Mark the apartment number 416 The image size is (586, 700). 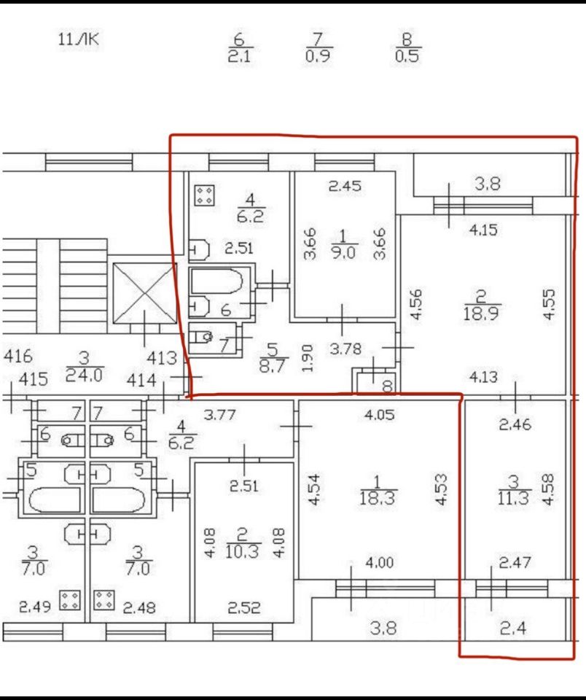pos(17,357)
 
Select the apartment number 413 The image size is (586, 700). pos(163,357)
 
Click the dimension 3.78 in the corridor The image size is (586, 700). pos(345,349)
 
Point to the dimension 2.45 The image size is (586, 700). pos(345,186)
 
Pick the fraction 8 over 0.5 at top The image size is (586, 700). pos(407,48)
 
